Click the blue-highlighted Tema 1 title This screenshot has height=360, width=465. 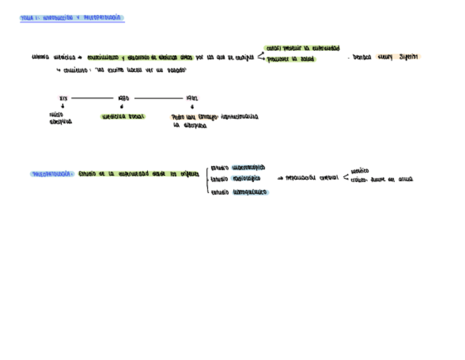click(72, 18)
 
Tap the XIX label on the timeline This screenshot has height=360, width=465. click(63, 98)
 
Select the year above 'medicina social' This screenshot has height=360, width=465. click(123, 98)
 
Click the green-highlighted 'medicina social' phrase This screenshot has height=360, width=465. click(123, 116)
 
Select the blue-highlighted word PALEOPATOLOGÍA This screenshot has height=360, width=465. click(53, 174)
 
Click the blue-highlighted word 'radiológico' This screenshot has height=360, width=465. click(246, 178)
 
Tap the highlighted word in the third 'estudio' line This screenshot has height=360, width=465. click(250, 192)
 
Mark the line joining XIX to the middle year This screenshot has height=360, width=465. click(92, 98)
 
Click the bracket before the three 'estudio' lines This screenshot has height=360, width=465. click(207, 179)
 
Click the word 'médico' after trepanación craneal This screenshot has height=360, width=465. click(360, 171)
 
